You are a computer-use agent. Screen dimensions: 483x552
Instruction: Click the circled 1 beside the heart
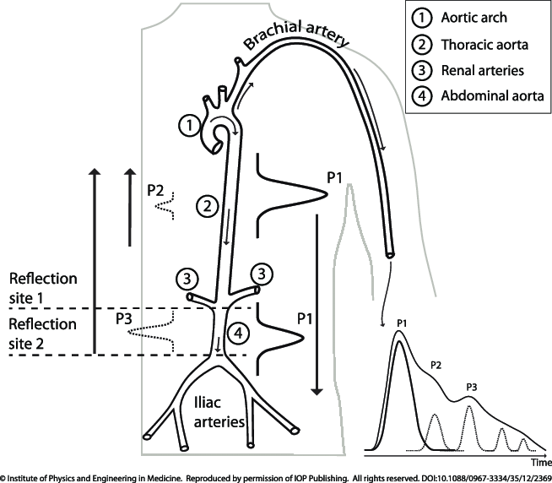[190, 126]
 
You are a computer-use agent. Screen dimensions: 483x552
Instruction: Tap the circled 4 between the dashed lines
[239, 333]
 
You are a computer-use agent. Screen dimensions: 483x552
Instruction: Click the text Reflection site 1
[42, 288]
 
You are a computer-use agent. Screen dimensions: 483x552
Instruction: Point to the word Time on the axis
[541, 463]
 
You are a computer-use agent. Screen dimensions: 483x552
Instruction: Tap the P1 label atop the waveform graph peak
[402, 323]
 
